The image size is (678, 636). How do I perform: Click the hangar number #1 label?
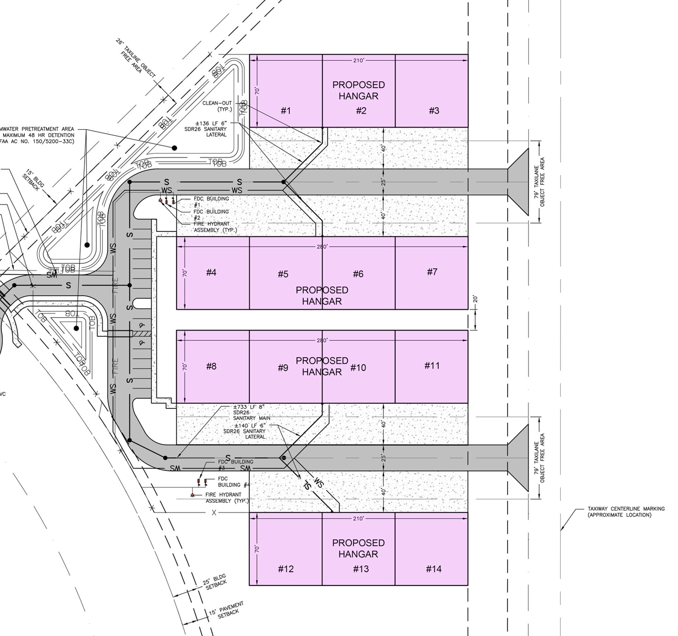[286, 111]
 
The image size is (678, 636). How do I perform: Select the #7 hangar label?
[432, 272]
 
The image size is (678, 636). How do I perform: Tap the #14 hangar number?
[434, 569]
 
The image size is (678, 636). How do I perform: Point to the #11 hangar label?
[432, 366]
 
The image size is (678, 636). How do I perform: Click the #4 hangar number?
[211, 272]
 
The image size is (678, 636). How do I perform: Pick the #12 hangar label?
[286, 569]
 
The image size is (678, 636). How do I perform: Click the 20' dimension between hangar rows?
[475, 299]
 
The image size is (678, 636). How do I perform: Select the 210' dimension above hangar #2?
[358, 61]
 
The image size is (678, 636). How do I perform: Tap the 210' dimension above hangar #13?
[358, 518]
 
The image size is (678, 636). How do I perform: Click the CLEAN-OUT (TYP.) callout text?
[217, 106]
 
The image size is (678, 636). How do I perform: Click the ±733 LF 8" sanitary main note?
[251, 412]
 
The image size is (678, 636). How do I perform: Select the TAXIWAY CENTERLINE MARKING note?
[626, 512]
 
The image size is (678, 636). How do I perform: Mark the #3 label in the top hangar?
[434, 111]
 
